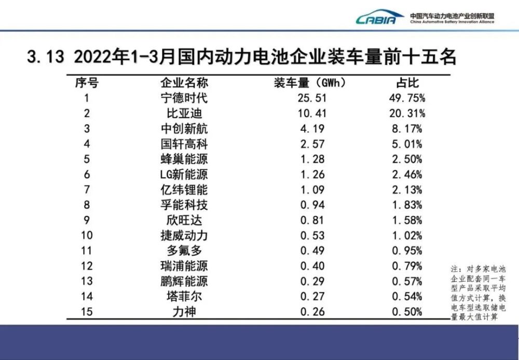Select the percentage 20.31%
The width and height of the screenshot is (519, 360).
(x=407, y=113)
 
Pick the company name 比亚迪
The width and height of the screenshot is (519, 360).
(x=184, y=113)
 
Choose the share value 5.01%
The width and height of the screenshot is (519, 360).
(x=407, y=144)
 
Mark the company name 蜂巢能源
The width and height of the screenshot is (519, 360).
(x=184, y=159)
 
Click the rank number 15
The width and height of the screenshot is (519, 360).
(x=87, y=312)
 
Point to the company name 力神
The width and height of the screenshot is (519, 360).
(x=184, y=312)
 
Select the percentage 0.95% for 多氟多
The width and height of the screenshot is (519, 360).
(x=407, y=251)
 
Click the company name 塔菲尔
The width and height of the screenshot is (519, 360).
(x=184, y=297)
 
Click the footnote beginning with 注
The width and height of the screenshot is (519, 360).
(x=477, y=293)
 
